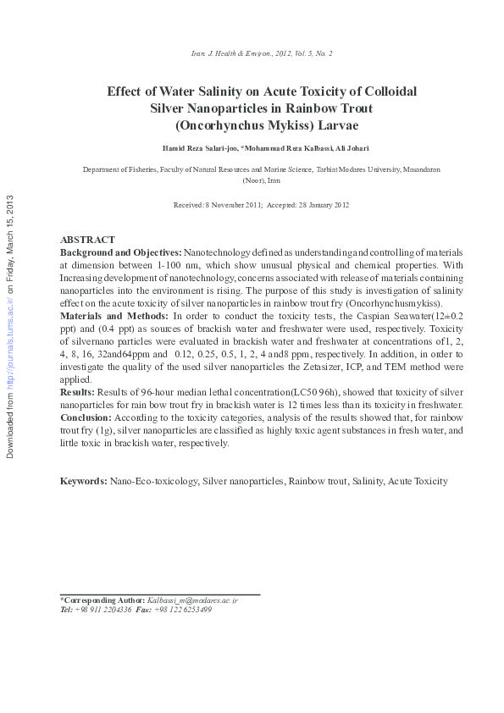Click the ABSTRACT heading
(x=87, y=240)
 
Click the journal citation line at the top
(x=262, y=53)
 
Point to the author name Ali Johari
(x=349, y=149)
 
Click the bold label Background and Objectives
(x=120, y=253)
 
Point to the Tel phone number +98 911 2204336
(x=102, y=610)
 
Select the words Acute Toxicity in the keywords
(x=418, y=481)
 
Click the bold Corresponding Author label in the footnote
(x=102, y=600)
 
